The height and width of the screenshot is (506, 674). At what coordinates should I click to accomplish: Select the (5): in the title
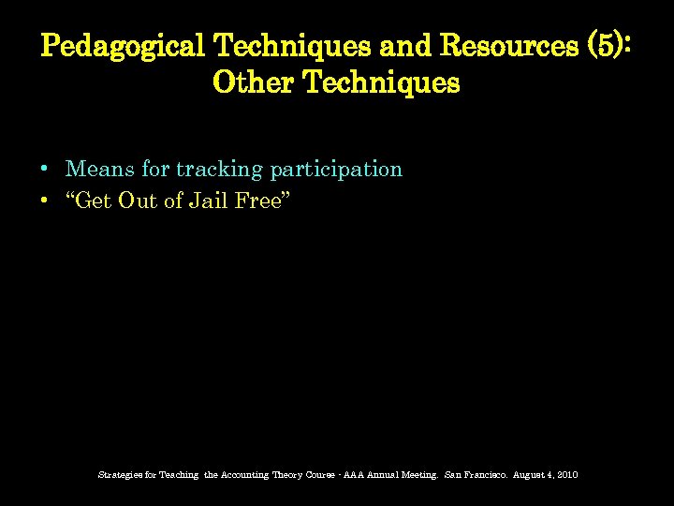609,46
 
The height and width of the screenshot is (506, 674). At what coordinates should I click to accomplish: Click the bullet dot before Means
45,171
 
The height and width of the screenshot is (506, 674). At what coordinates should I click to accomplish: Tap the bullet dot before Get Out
45,201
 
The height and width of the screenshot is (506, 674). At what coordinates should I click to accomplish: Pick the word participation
336,171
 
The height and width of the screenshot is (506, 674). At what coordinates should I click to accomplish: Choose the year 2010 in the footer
567,475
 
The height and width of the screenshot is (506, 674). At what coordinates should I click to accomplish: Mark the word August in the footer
529,475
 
